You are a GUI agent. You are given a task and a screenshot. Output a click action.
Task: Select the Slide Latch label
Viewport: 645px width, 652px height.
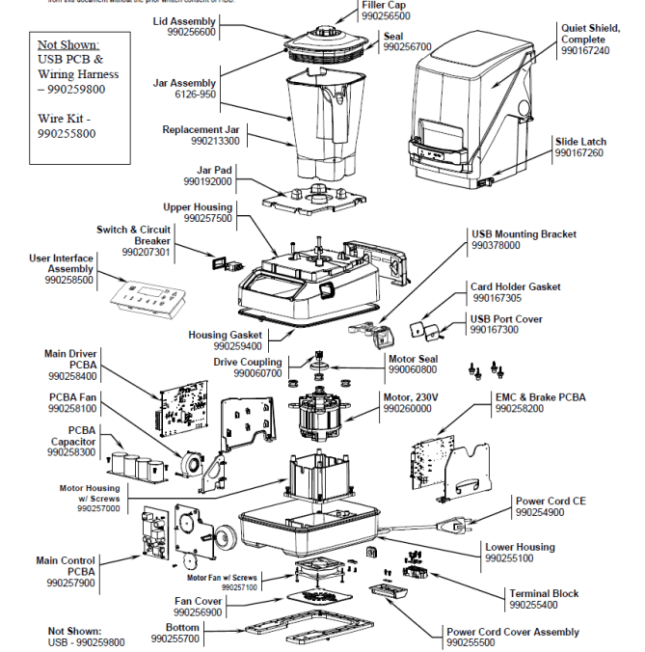click(579, 142)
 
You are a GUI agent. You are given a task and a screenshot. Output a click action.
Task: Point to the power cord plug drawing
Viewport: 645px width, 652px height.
click(453, 525)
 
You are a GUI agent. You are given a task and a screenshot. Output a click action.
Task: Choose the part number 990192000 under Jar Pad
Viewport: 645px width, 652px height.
click(207, 181)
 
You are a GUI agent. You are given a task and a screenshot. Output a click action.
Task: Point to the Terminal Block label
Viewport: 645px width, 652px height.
click(544, 593)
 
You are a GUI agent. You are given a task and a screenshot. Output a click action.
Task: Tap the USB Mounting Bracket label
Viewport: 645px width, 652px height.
click(524, 234)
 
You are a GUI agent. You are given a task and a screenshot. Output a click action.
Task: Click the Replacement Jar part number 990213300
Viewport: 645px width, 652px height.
click(215, 141)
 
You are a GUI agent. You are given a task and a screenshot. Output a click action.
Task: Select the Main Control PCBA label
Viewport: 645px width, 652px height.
click(66, 560)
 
